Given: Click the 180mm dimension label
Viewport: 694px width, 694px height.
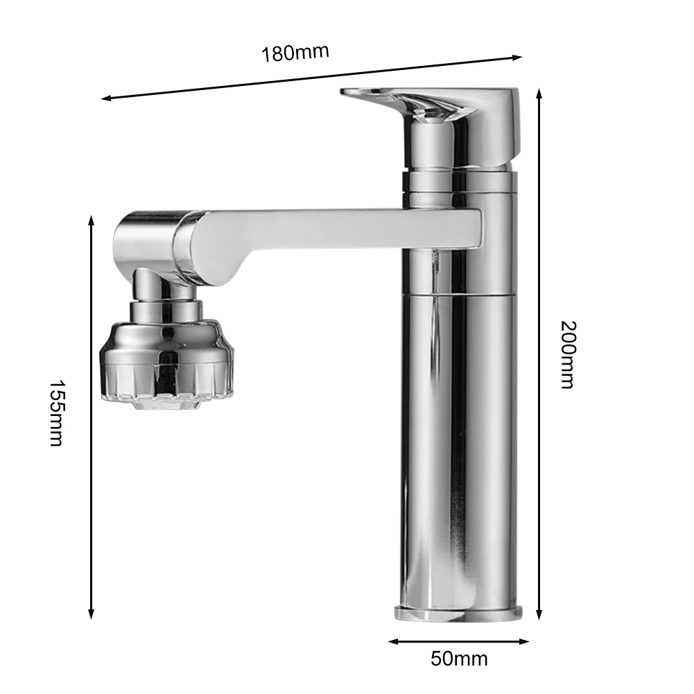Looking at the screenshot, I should pos(295,53).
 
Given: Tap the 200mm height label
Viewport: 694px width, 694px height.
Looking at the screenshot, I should pos(567,354).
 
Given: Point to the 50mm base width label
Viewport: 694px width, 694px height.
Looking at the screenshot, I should pos(459,658).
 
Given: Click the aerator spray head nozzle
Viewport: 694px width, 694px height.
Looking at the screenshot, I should pos(166,361).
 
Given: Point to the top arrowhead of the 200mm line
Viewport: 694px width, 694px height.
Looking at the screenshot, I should pos(539,93).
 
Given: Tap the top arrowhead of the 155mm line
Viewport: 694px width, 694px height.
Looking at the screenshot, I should pos(91,220).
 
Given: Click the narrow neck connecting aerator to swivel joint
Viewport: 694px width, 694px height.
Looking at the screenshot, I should pos(166,295).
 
